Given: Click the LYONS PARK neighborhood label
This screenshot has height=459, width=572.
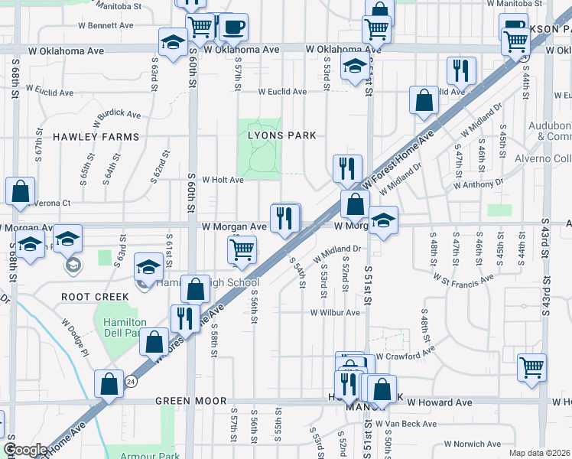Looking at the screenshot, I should point(281,135).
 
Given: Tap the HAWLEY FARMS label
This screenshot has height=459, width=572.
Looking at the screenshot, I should point(96,137).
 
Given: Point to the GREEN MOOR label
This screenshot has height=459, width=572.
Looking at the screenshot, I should point(191,401).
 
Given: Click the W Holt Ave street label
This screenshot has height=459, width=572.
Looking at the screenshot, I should point(223,181).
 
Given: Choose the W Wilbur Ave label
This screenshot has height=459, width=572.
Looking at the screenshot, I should point(334,312).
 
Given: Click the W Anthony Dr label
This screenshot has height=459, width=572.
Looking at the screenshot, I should point(479,184).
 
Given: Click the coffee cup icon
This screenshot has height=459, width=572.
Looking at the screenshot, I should point(233,28).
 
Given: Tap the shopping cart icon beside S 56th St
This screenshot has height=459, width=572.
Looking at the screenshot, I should point(242,249).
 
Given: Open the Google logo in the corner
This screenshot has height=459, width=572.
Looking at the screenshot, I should point(24,451).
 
